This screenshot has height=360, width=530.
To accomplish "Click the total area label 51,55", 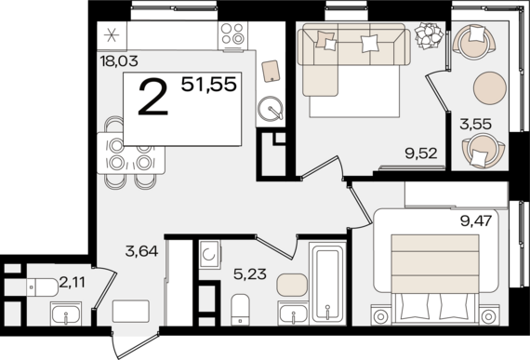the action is [x=208, y=84].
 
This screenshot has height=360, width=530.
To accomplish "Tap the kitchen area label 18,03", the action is [x=119, y=61].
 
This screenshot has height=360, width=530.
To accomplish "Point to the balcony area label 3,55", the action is [x=475, y=125].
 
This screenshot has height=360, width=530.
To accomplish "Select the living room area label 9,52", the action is [x=421, y=153].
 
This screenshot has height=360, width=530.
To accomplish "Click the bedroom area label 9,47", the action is [x=475, y=221].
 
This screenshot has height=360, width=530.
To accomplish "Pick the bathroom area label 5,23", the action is [x=250, y=273].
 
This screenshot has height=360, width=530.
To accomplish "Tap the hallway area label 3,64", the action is [x=141, y=251].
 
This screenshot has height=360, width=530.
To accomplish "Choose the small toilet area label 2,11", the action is [x=72, y=282].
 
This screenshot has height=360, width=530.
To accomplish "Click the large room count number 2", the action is [x=153, y=97].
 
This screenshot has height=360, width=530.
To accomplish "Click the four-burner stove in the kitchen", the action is [x=232, y=33].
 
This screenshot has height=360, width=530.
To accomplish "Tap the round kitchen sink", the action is [x=270, y=109].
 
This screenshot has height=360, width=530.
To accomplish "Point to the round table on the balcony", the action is [x=490, y=87].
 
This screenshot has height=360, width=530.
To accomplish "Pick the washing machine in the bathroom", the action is [x=209, y=254].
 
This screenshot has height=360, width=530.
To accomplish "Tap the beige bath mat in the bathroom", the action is [x=292, y=285].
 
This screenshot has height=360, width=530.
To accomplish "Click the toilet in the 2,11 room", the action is [x=43, y=287].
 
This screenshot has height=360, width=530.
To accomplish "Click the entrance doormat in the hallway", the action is [x=131, y=311].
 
